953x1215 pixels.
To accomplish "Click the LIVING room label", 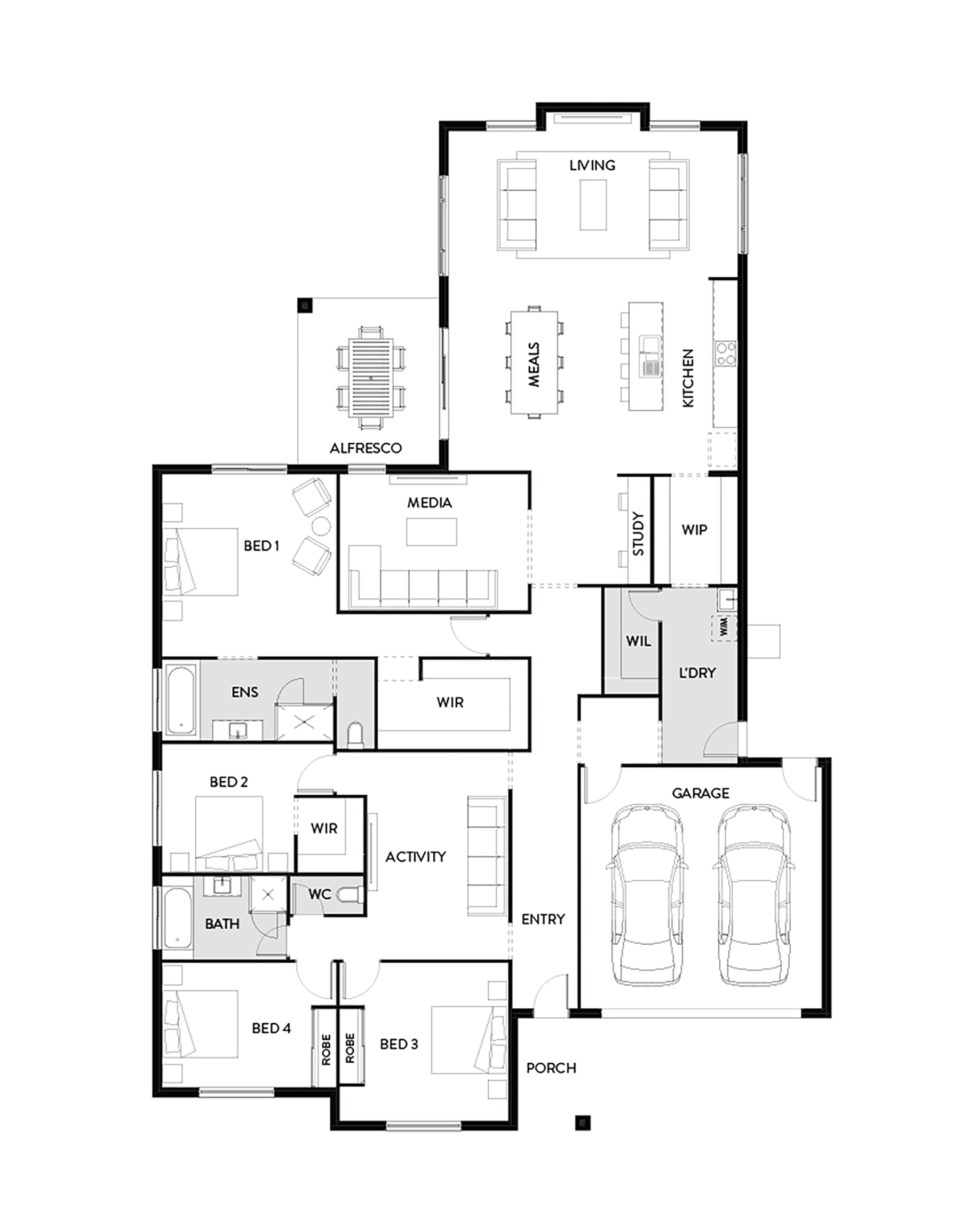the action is coord(592,165).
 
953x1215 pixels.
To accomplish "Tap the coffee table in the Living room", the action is coord(593,205).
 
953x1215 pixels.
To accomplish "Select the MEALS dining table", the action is coord(534,363).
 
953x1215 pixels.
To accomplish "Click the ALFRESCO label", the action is coord(366,448).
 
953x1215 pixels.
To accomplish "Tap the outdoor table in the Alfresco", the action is coord(370,378).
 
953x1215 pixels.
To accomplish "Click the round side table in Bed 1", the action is coord(320,526).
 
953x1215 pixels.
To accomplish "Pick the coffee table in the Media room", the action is coord(431,531).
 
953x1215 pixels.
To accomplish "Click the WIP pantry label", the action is coord(694,529).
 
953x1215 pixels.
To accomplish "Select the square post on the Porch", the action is coord(583,1122).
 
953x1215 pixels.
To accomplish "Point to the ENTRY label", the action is coord(543,919).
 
